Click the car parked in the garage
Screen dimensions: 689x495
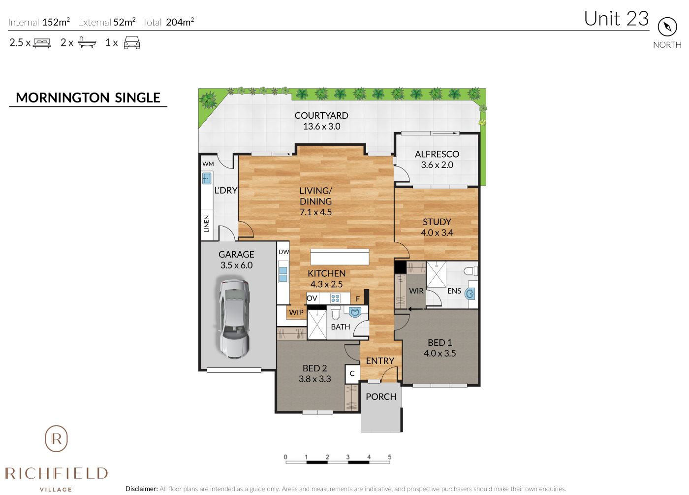pos(234,319)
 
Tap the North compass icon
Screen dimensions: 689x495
pos(667,27)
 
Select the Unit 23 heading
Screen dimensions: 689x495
pos(616,19)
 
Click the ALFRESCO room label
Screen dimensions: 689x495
pos(437,154)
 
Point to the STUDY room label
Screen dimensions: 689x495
pos(437,222)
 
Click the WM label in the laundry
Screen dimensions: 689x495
pos(208,164)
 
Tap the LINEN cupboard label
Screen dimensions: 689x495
pos(206,224)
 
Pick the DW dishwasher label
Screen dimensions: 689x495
pos(283,252)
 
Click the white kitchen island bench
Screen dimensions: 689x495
pos(340,257)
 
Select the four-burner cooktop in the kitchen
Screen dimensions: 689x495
pos(335,298)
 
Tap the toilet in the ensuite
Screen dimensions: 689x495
pos(470,271)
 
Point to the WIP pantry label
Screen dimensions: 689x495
pos(296,312)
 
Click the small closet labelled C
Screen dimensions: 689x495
pos(352,373)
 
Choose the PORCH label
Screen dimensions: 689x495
pos(381,396)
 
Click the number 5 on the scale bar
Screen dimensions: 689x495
pos(389,457)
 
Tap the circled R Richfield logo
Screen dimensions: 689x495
pos(56,439)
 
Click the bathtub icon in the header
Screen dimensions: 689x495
pos(87,42)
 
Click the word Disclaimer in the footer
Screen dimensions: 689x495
pos(142,489)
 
